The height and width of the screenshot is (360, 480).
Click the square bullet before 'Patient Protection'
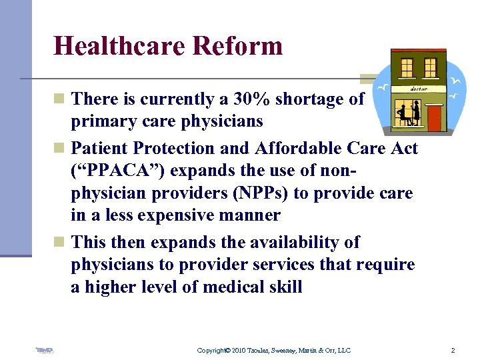(59, 148)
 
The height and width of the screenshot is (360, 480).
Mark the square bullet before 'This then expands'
(59, 242)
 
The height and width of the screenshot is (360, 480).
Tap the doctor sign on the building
(418, 88)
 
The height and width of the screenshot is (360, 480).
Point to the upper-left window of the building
(407, 67)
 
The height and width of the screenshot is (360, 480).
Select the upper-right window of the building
(430, 67)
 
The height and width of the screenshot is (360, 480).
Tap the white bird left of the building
(383, 87)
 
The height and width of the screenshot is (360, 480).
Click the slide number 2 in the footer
(453, 350)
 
